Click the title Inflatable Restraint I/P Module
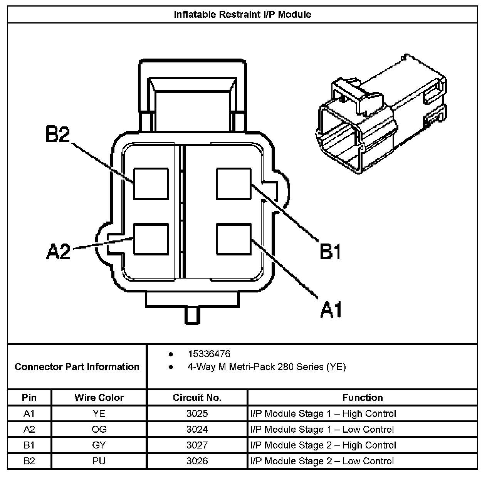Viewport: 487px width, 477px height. tap(242, 15)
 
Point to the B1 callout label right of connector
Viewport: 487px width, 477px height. tap(331, 252)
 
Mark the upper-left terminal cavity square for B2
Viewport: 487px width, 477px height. tap(151, 183)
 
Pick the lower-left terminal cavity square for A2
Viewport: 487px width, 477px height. tap(151, 239)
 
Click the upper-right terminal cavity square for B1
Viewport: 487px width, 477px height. tap(234, 183)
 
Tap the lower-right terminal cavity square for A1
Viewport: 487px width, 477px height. tap(234, 239)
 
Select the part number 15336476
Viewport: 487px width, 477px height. tap(209, 354)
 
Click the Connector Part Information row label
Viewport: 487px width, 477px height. tap(77, 366)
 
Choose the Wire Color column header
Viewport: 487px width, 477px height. tap(99, 398)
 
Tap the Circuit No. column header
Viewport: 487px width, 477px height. tap(197, 398)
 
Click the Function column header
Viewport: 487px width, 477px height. tap(362, 398)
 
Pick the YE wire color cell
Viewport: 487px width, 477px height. tap(99, 413)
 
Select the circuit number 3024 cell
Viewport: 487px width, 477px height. tap(197, 429)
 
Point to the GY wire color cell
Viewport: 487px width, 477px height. tap(99, 445)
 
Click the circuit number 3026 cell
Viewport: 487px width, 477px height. tap(197, 461)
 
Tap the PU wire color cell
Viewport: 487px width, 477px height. tap(99, 461)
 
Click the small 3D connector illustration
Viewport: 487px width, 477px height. tap(381, 116)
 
